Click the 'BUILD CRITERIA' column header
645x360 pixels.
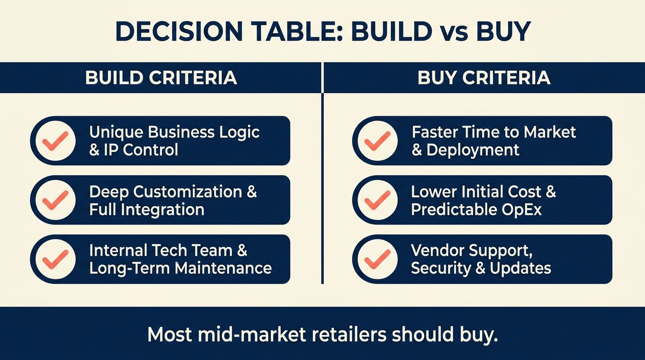point(161,77)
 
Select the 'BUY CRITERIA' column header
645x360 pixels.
point(484,77)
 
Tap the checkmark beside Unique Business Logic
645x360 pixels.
point(55,141)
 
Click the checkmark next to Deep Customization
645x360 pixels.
point(55,200)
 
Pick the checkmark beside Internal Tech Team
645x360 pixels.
point(55,259)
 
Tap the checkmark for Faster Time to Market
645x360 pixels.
point(377,141)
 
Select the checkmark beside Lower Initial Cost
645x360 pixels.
point(377,200)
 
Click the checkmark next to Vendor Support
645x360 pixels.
point(377,259)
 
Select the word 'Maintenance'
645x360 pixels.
point(223,268)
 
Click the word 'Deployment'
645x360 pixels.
point(473,150)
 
